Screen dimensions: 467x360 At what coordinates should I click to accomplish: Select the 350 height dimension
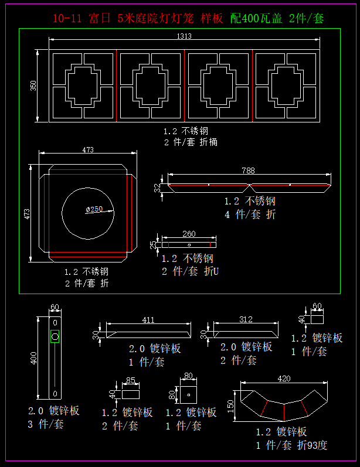click(33, 86)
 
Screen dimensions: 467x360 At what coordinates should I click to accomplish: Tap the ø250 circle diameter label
click(94, 209)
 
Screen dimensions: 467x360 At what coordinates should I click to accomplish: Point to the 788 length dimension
click(248, 171)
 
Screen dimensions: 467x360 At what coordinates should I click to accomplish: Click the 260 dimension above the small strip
click(189, 234)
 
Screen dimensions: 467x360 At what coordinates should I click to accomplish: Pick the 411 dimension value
click(148, 320)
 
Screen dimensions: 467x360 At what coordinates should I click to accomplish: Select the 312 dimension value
click(246, 319)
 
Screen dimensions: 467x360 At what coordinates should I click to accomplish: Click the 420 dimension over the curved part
click(284, 379)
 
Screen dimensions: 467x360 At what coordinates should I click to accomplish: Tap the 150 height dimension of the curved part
click(231, 404)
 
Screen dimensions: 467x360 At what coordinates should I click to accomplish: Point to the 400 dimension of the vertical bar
click(33, 357)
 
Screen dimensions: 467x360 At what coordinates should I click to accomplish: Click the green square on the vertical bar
click(55, 336)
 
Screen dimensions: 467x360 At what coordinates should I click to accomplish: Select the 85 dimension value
click(131, 380)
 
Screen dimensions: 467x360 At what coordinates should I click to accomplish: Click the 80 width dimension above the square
click(188, 376)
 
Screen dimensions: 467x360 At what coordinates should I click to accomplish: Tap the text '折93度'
click(312, 445)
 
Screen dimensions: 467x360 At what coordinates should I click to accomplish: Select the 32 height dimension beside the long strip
click(157, 188)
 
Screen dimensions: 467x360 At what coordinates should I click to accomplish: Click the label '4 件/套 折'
click(249, 214)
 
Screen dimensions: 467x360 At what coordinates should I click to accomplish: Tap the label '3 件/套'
click(45, 424)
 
